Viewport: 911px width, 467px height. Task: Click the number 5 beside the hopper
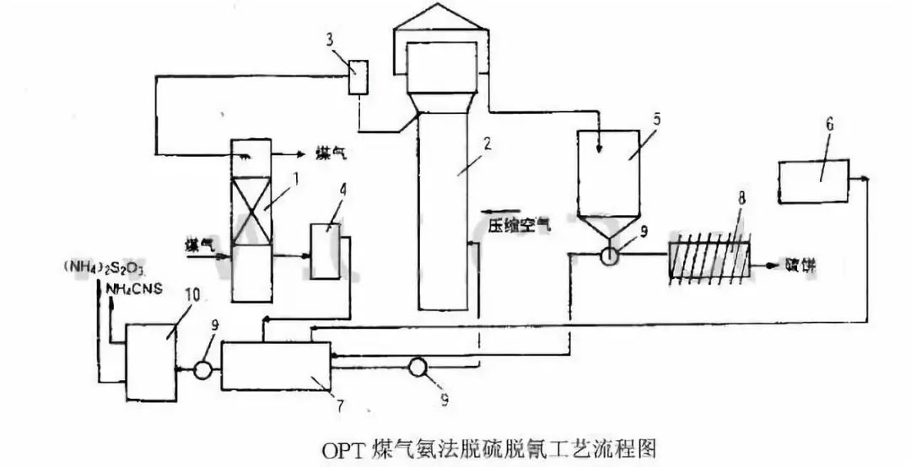click(655, 119)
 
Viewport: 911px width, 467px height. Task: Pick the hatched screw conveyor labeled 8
click(709, 260)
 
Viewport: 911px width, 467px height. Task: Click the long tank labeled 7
click(277, 366)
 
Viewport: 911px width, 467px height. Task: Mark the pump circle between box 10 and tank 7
click(201, 369)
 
